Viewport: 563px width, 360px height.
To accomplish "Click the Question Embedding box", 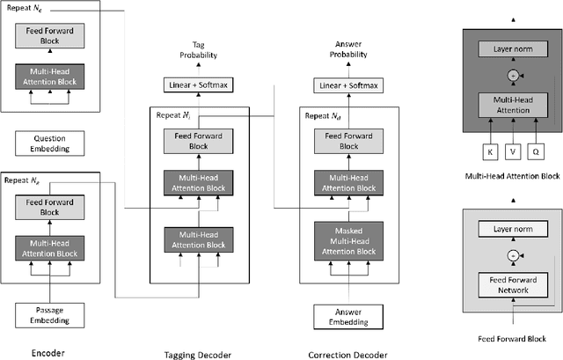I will [51, 143].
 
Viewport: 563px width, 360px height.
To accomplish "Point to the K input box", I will [489, 152].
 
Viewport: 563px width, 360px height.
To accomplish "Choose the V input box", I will [513, 152].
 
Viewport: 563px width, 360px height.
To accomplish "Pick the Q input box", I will [536, 152].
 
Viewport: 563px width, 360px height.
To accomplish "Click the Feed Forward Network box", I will [513, 285].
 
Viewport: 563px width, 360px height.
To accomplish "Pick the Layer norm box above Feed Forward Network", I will [513, 231].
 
